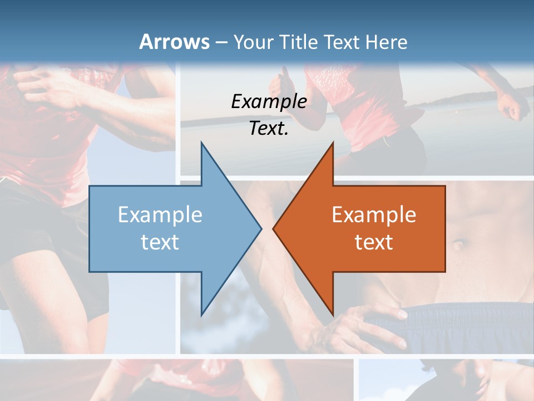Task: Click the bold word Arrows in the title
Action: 174,42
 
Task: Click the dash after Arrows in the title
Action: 221,42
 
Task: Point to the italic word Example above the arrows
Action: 269,101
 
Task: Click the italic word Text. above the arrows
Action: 269,128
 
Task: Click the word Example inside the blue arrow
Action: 160,214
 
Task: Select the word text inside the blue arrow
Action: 160,242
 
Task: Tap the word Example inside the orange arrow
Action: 374,214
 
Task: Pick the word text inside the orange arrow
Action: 374,242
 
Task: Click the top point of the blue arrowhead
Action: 201,143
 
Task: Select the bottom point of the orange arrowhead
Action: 333,314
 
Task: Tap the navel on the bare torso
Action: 459,243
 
